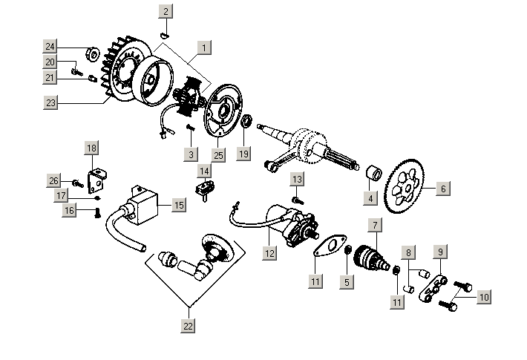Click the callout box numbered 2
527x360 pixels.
166,11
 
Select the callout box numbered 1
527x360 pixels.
203,46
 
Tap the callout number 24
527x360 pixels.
50,47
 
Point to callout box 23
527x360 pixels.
50,103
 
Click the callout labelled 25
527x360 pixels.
217,155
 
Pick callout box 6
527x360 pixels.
442,189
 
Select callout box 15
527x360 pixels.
179,204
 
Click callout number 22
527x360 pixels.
188,325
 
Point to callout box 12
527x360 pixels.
269,253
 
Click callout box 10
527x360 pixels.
484,297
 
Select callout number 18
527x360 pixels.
91,148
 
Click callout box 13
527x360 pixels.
296,180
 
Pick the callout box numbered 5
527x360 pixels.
345,281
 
